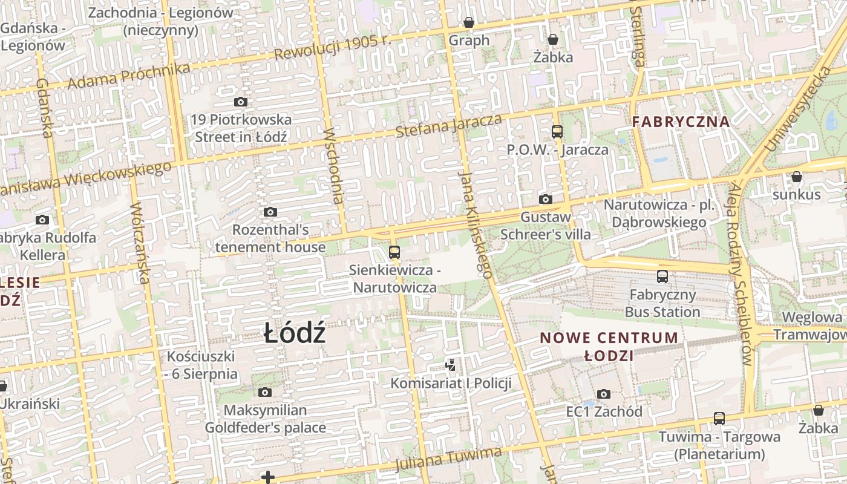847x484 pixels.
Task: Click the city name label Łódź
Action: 295,334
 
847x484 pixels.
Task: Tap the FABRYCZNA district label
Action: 681,122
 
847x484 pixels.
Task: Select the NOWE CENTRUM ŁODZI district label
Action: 609,346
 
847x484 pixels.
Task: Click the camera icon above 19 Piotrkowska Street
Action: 241,102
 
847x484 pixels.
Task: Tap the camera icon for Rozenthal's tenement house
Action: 270,212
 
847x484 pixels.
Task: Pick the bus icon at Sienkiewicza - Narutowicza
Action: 394,252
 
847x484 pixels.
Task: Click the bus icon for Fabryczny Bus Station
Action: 662,276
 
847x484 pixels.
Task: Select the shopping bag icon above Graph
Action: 469,23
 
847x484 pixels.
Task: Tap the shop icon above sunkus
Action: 797,177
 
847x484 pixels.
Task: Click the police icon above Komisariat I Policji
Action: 451,365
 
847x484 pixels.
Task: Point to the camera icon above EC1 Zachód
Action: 603,394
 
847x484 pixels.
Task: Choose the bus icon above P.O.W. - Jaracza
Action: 557,131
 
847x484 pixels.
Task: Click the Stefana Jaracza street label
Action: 448,125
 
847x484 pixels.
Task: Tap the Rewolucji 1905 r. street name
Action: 333,47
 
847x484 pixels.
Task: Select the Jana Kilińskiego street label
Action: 475,224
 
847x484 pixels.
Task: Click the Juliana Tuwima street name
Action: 448,459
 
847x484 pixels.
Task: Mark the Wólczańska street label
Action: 140,242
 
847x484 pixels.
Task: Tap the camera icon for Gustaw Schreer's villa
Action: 545,199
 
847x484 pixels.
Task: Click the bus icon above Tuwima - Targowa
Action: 719,418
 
